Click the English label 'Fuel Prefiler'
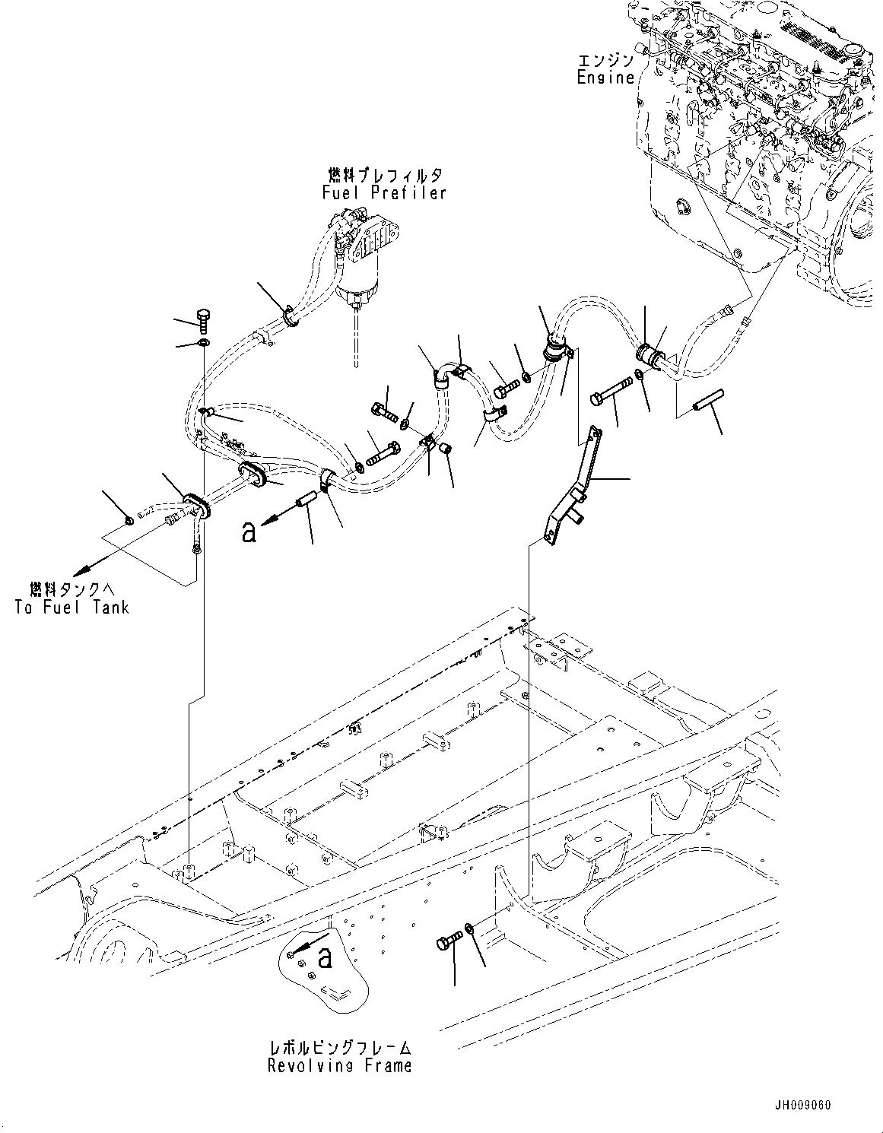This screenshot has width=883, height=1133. tap(384, 193)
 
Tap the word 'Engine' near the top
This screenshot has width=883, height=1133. tap(605, 77)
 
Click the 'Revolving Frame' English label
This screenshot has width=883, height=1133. tap(339, 1065)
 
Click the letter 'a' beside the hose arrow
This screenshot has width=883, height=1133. tap(248, 532)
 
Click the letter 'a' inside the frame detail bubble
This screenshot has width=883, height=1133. tap(325, 958)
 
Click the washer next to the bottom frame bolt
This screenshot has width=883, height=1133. tap(472, 929)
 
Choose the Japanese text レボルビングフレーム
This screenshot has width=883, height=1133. tap(339, 1047)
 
